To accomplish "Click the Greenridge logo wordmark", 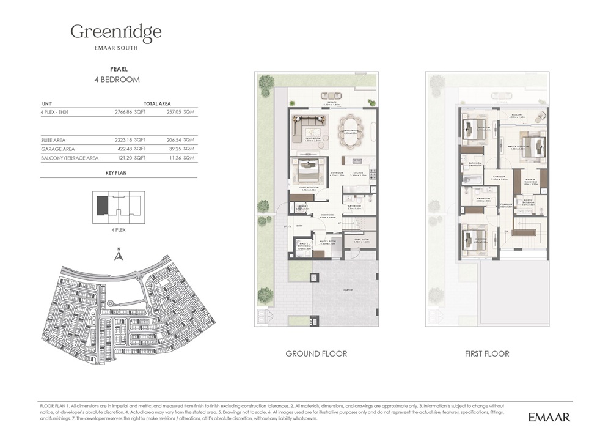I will coord(115,31).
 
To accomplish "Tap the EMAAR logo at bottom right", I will coord(549,417).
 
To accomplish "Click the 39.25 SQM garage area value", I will coord(182,149).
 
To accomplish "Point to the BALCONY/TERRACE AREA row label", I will coord(69,158).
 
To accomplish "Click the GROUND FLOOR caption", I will coord(316,353).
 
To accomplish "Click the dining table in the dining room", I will coord(351,130).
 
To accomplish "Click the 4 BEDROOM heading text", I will coord(116,80).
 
